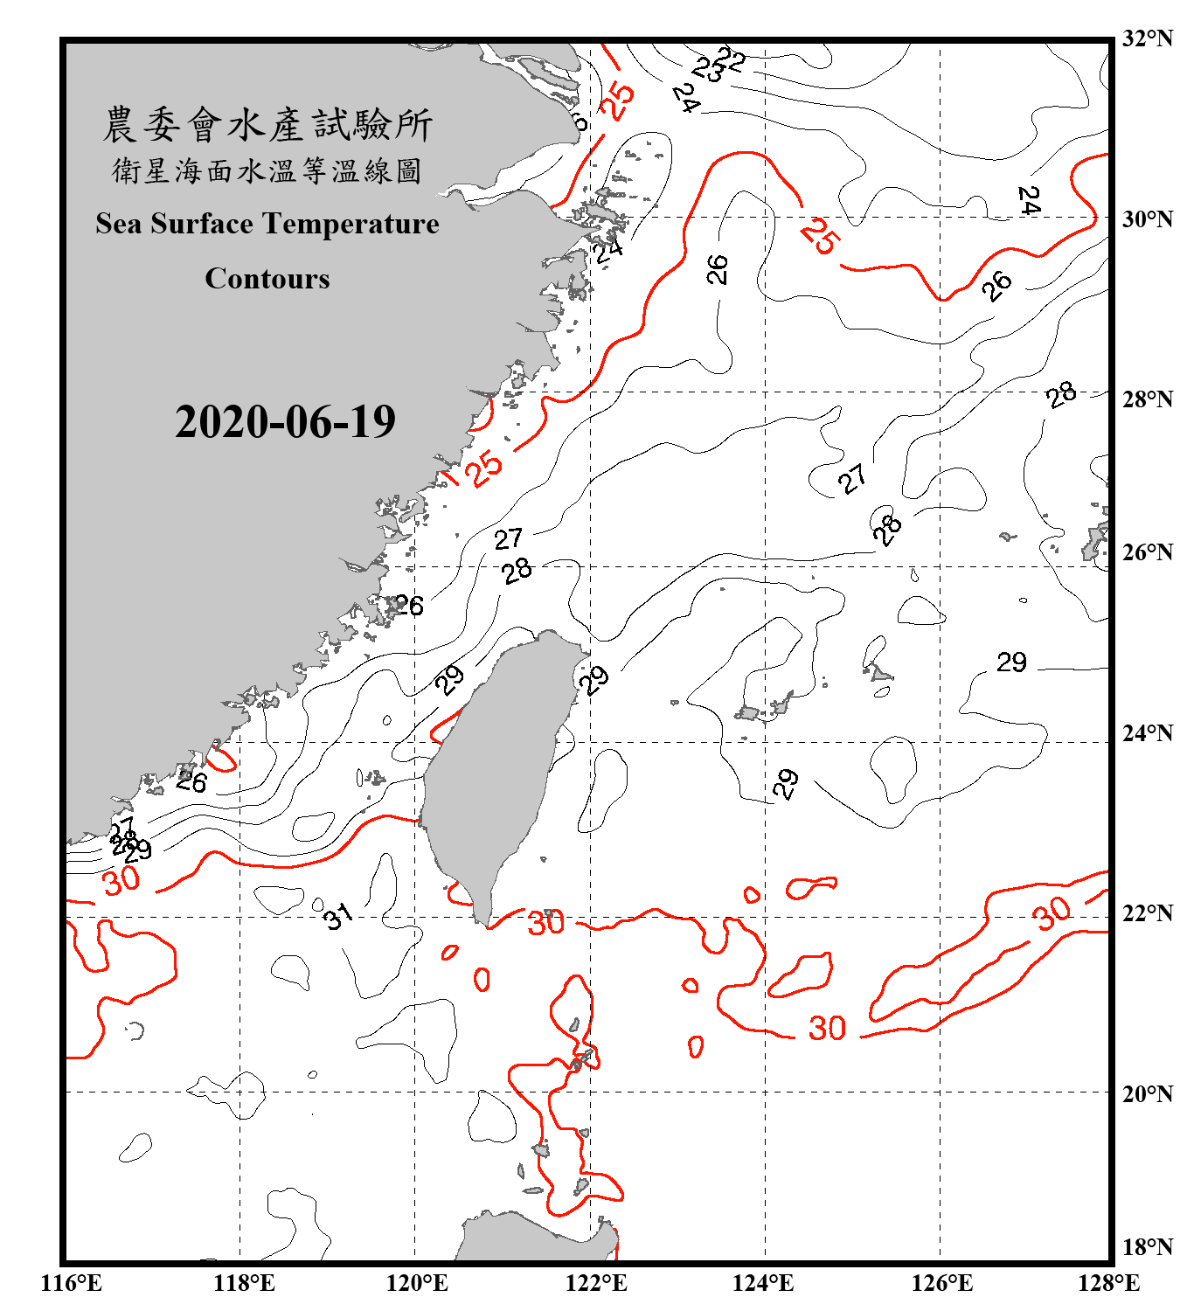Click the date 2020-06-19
pos(285,422)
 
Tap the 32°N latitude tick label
pos(1147,38)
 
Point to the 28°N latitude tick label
pos(1147,399)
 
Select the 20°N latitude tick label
pos(1147,1093)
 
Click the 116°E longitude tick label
pos(72,1283)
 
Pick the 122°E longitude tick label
pos(596,1283)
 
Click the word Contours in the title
pos(267,279)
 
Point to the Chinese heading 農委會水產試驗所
pos(267,125)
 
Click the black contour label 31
pos(337,916)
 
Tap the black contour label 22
pos(731,59)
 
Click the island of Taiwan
pos(494,760)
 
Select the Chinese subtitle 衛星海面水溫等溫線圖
pos(267,170)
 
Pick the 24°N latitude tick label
pos(1147,732)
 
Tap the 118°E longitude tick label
pos(244,1283)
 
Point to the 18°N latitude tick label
pos(1147,1246)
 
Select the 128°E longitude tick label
pos(1108,1283)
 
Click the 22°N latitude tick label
pos(1147,912)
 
